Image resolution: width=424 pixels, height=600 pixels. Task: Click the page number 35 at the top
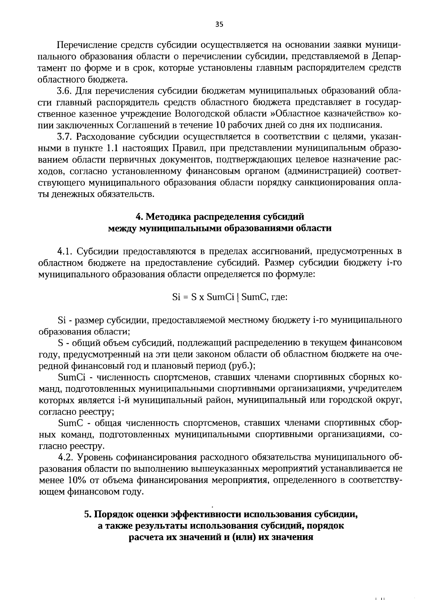tap(219, 24)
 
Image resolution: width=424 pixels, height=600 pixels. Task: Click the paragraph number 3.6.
tap(64, 91)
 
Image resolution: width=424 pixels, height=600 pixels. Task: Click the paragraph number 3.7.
tap(64, 136)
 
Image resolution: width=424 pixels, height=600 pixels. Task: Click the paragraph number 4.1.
tap(64, 251)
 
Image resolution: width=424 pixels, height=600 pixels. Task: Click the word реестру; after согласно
tap(87, 411)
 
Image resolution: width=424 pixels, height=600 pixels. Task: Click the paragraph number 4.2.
tap(64, 457)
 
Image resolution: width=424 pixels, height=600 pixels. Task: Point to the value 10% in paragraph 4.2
tap(73, 480)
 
